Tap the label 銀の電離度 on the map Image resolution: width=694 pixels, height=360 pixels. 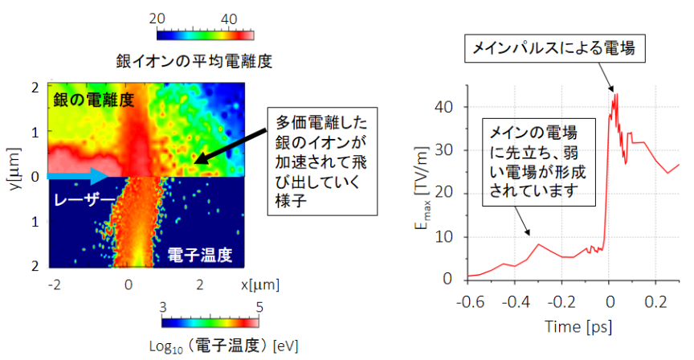[94, 100]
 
